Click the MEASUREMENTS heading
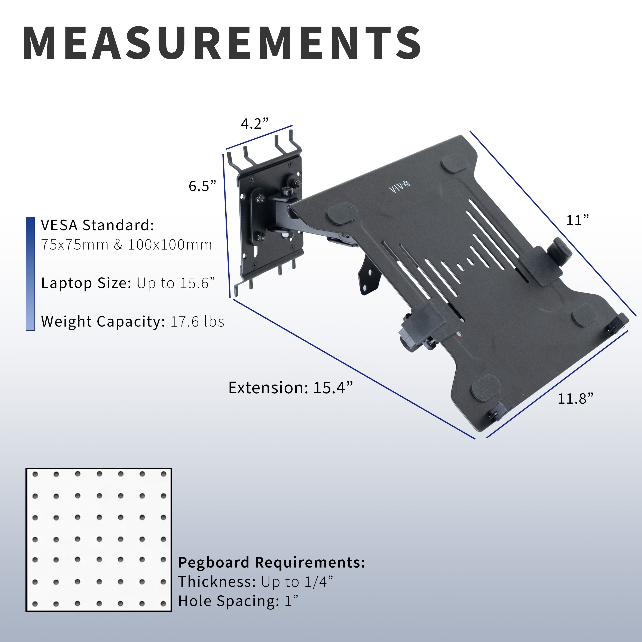click(222, 43)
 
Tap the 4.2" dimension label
click(254, 124)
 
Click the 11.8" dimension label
click(575, 398)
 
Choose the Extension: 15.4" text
click(290, 388)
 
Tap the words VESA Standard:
click(97, 225)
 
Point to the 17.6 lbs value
click(197, 322)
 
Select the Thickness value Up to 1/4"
click(297, 582)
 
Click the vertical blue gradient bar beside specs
click(30, 273)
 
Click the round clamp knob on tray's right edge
click(562, 251)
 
